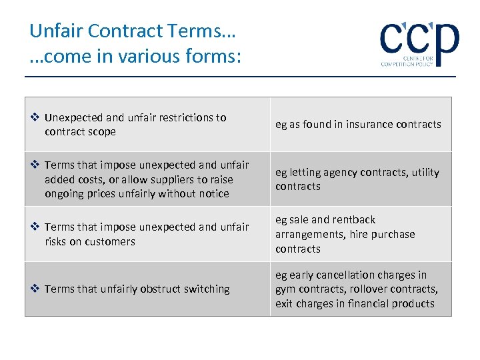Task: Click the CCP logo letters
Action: (419, 39)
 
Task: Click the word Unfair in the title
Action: (56, 31)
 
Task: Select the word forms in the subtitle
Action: (215, 57)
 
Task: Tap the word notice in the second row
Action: (214, 194)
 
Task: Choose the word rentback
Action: (354, 220)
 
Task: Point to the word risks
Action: (56, 241)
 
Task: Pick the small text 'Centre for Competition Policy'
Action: (407, 61)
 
